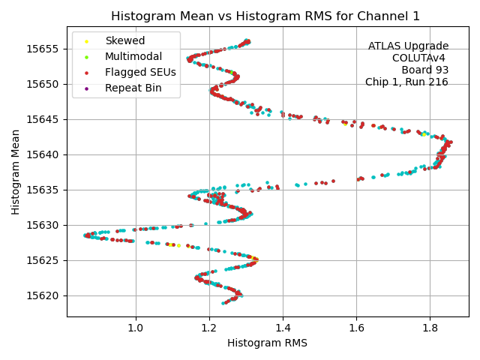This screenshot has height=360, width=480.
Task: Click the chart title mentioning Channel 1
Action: coord(265,16)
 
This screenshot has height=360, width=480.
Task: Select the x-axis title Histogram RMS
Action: coord(267,343)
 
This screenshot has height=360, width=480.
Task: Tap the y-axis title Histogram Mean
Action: coord(16,172)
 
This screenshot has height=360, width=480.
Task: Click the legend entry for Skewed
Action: coord(124,40)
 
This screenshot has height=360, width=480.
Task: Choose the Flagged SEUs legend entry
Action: coord(140,72)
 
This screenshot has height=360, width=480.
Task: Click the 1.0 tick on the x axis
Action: coord(136,328)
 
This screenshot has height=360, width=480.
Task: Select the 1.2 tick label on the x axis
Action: coord(209,328)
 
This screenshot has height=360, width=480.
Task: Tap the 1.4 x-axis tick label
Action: coord(283,328)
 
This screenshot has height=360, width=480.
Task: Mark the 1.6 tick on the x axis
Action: coord(356,328)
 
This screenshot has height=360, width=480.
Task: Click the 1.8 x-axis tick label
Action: coord(430,328)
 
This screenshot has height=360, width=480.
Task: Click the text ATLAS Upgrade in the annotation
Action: coord(408,46)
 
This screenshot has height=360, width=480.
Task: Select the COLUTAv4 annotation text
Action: coord(420,58)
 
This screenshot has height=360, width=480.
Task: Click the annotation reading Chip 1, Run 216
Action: coord(406,82)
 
